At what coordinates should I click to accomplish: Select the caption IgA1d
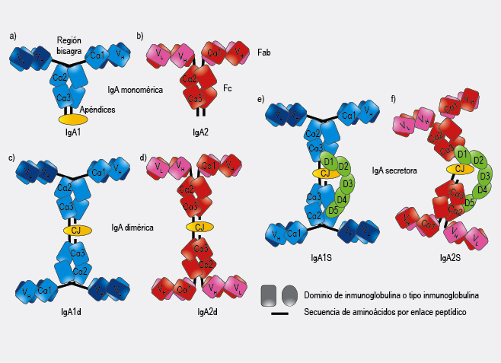[72, 312]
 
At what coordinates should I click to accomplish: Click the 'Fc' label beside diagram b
[227, 89]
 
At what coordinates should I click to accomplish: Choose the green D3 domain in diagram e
[349, 184]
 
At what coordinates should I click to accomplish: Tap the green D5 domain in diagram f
[469, 203]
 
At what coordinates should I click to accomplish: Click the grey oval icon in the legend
[289, 295]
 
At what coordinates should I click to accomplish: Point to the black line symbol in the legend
[278, 311]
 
